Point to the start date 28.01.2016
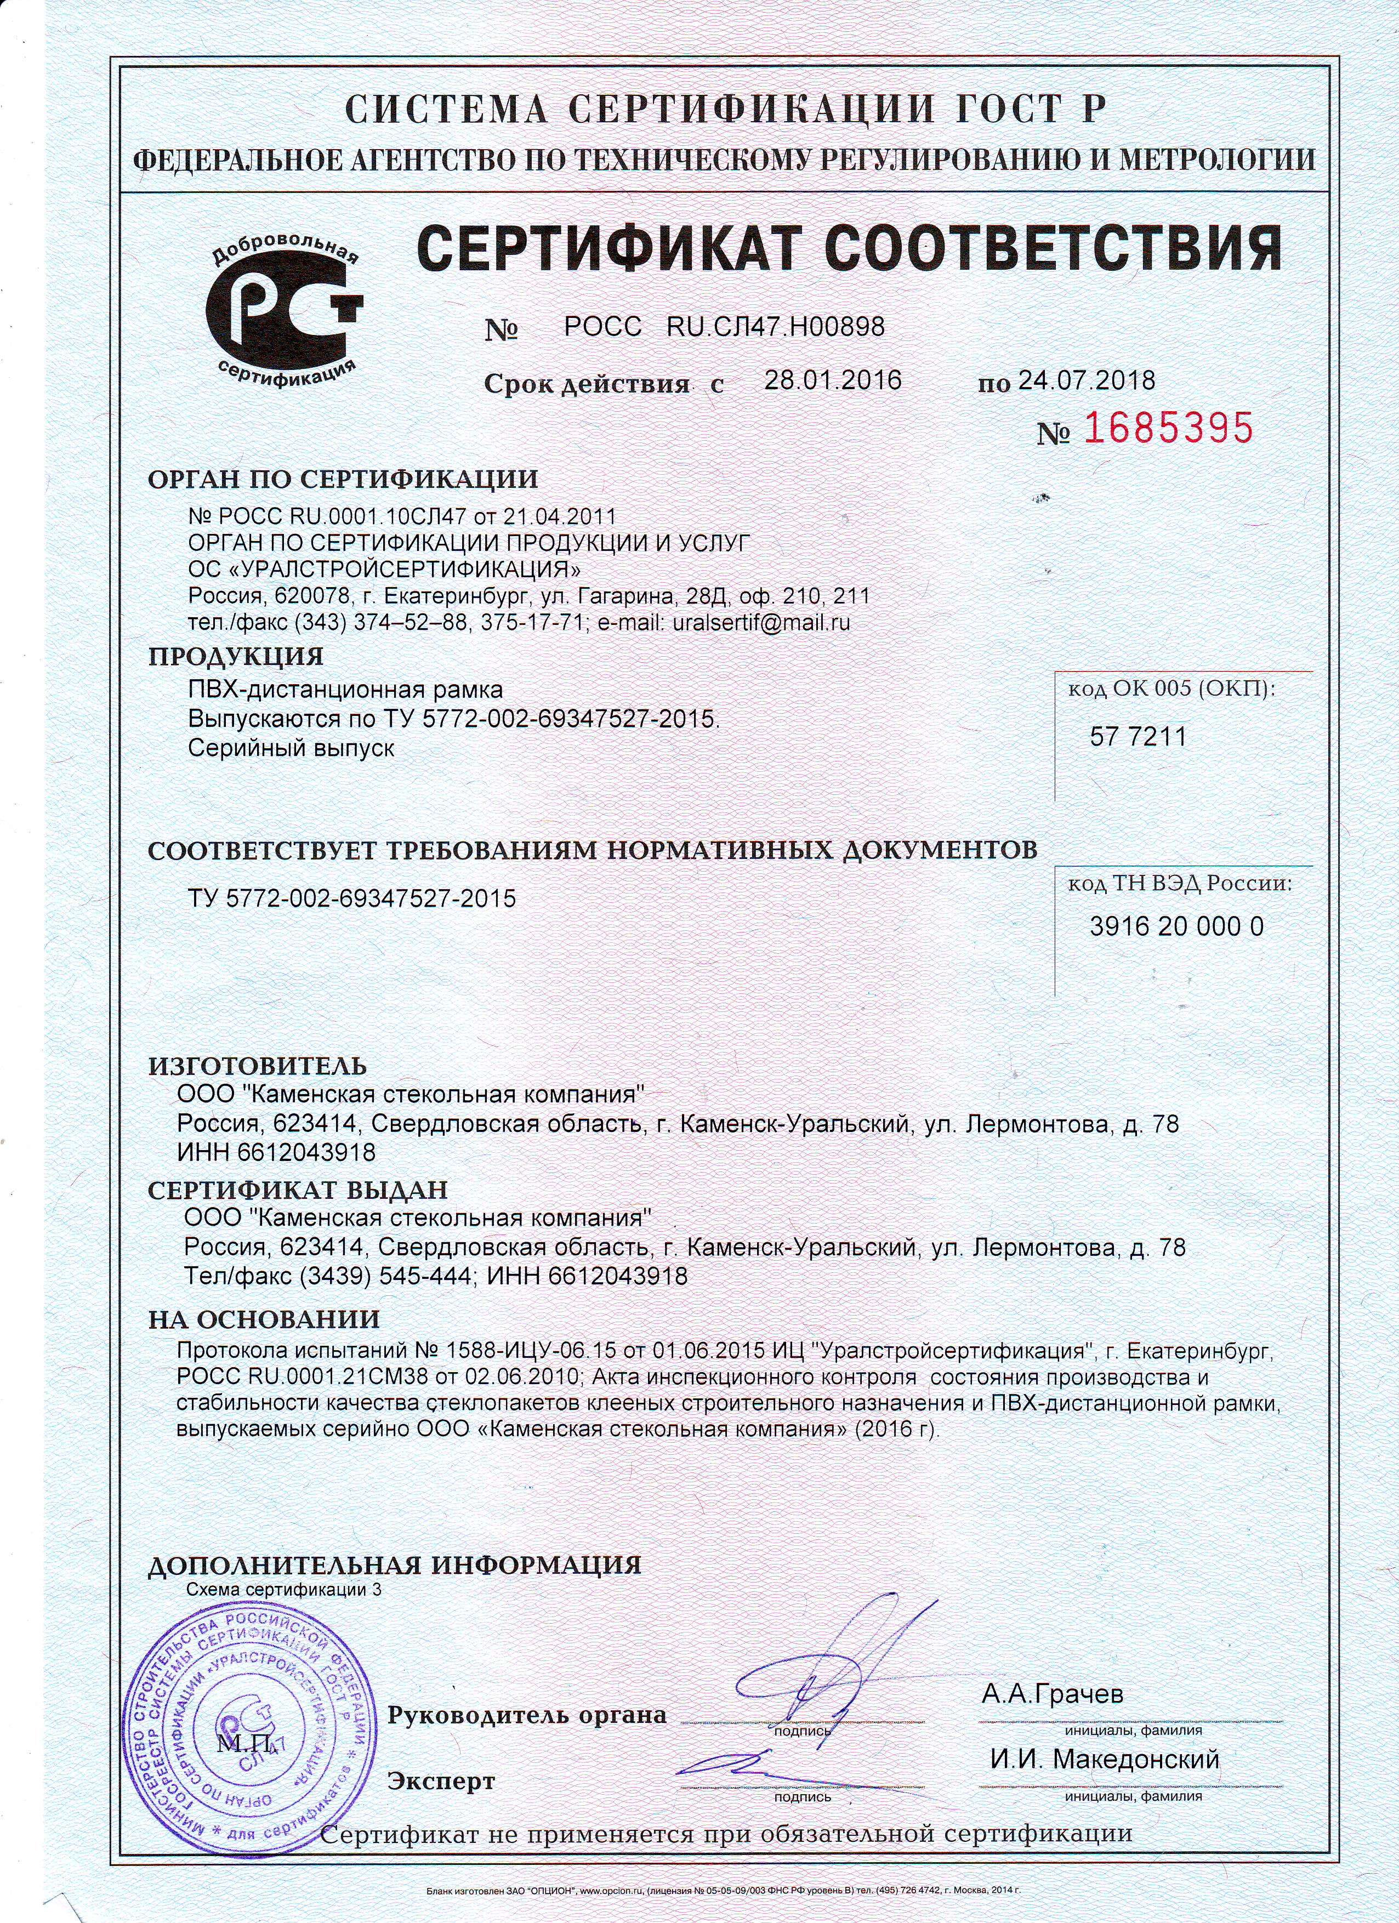click(833, 380)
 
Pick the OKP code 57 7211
click(1138, 737)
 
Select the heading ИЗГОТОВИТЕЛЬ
click(257, 1066)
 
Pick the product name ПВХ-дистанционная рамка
click(345, 689)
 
